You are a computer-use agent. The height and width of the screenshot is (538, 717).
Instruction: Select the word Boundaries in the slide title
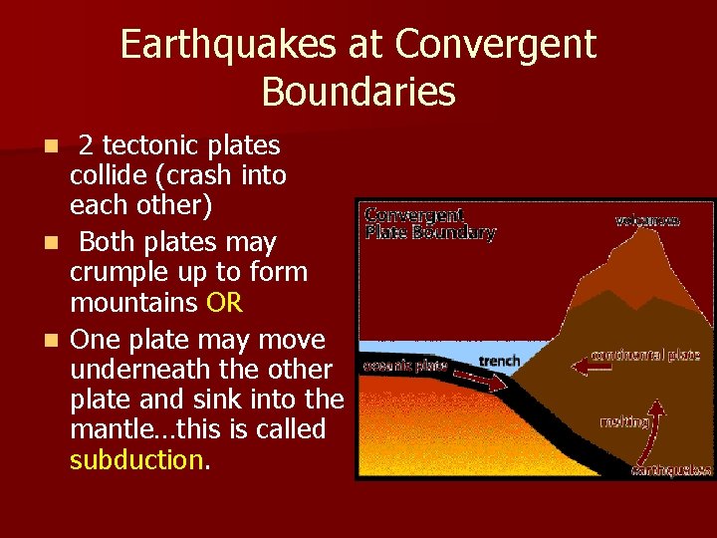[358, 92]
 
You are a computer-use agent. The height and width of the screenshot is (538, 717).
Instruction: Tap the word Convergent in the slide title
[496, 45]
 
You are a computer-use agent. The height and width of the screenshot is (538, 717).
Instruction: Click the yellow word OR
[225, 302]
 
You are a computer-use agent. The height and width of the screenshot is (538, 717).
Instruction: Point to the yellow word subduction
[135, 459]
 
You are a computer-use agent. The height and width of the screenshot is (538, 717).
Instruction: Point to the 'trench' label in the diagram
[499, 360]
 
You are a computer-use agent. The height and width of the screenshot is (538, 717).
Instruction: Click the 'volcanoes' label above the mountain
[647, 220]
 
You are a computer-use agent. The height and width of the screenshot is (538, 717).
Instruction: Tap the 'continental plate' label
[645, 355]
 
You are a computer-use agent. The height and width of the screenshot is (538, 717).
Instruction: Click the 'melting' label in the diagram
[624, 421]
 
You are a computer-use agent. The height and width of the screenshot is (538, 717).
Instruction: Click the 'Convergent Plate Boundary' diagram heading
[429, 224]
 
